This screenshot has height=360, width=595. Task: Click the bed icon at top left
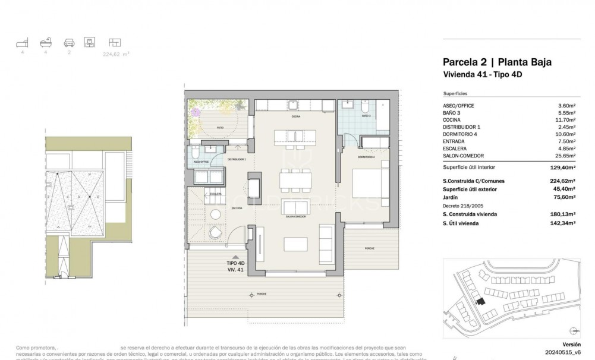[x=22, y=43]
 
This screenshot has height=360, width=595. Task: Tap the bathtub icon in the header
[x=45, y=43]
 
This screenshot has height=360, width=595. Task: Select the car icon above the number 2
[x=69, y=43]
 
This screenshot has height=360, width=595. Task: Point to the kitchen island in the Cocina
[x=295, y=137]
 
